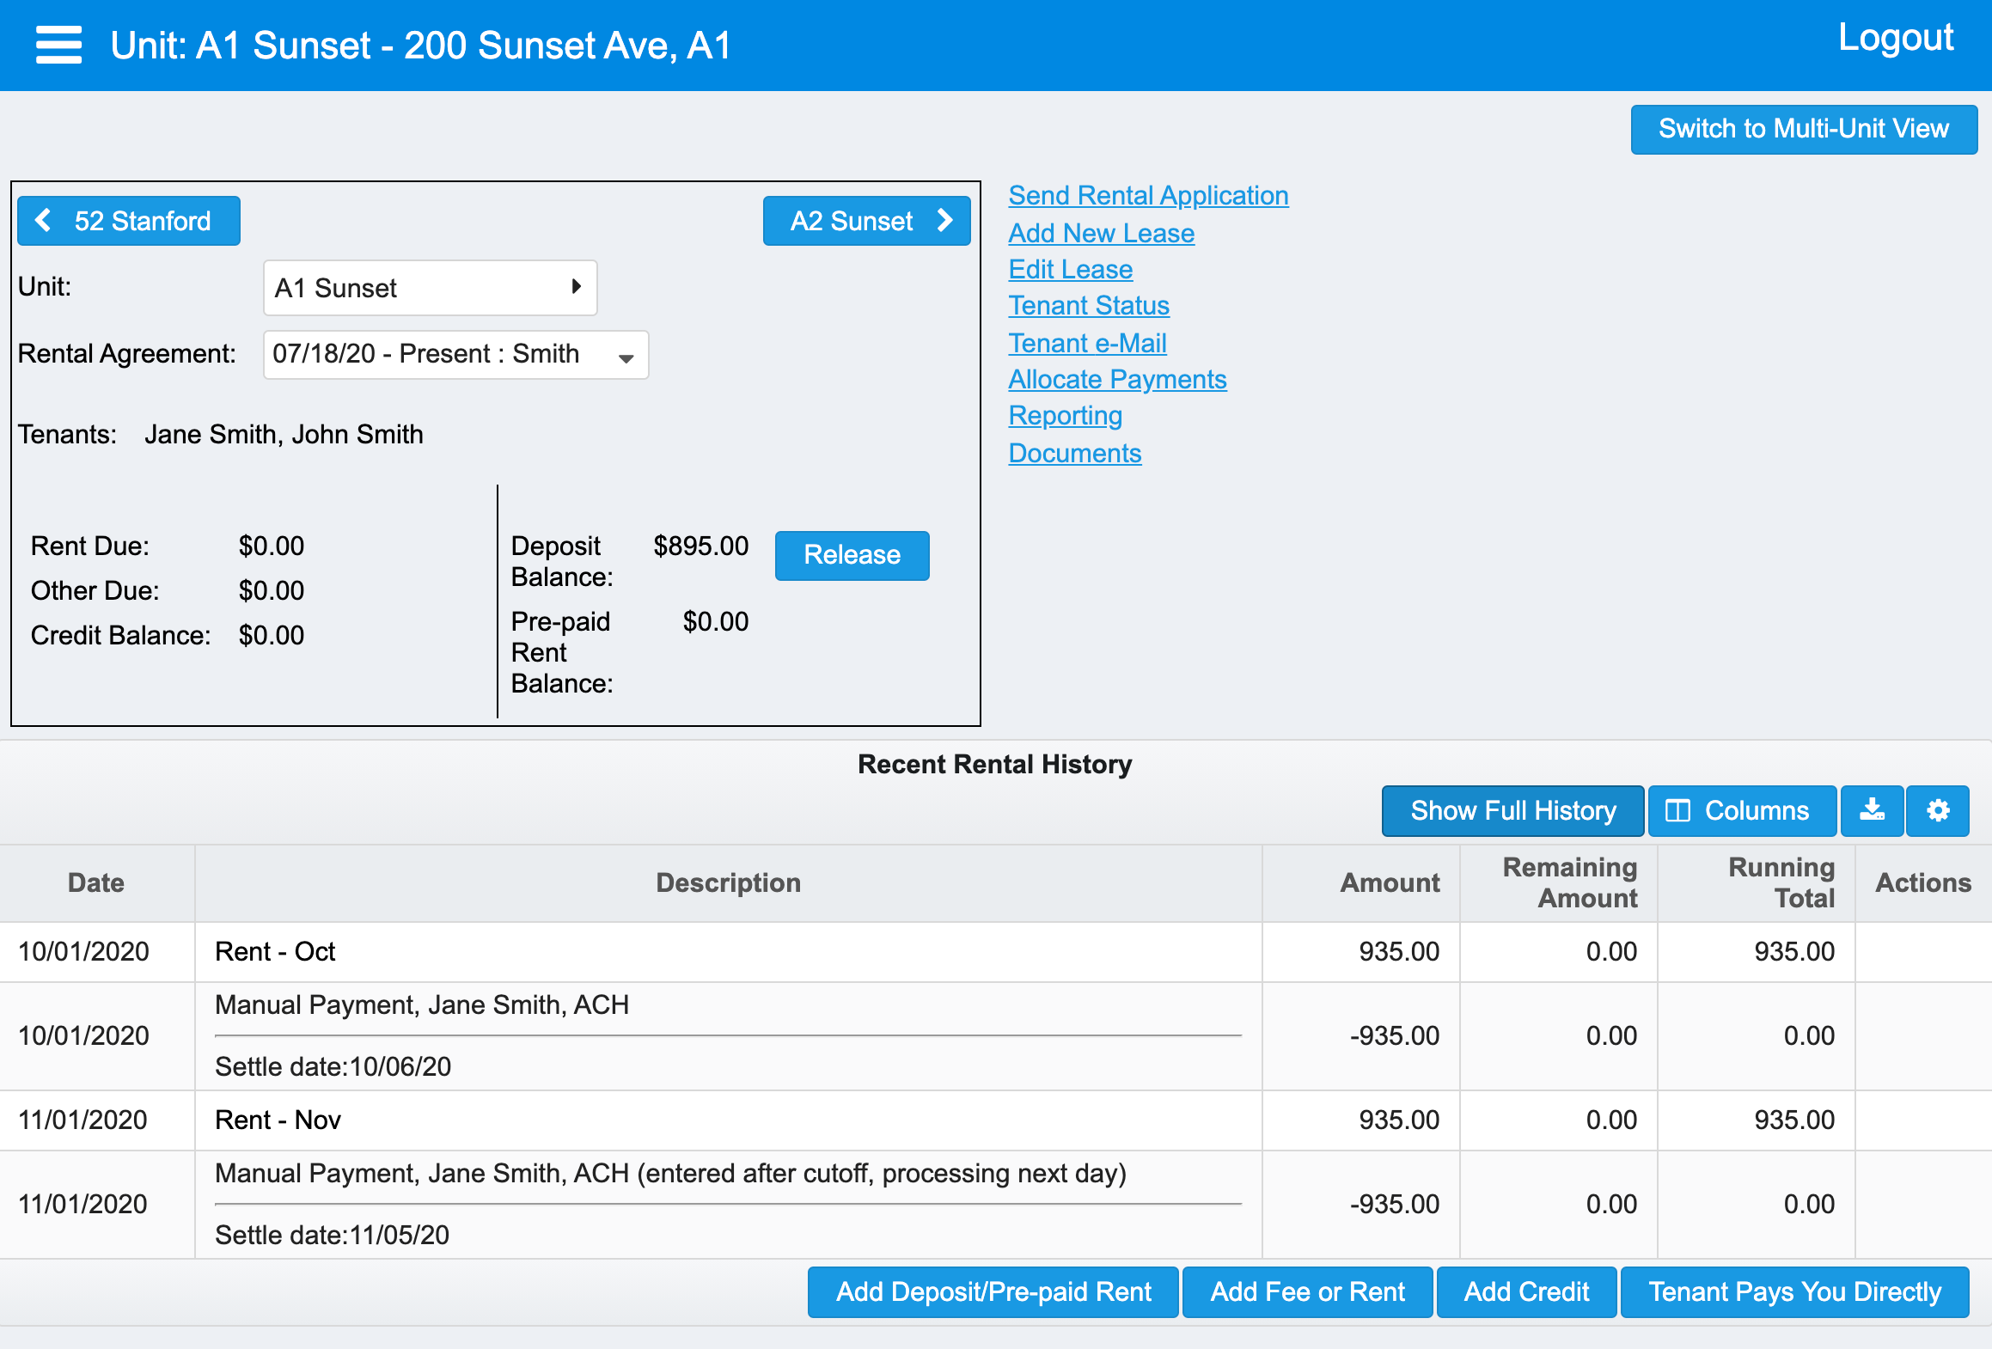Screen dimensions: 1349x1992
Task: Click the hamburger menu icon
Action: pos(58,45)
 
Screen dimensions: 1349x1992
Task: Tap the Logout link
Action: pos(1896,38)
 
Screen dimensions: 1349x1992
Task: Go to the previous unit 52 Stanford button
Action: pos(129,221)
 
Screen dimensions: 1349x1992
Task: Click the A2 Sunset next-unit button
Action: pos(866,221)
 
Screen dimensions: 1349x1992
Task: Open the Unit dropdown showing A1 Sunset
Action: pos(430,288)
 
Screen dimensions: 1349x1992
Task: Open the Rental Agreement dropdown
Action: pos(455,354)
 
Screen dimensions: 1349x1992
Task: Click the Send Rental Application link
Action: pos(1148,196)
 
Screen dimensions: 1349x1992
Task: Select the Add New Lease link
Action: pos(1101,233)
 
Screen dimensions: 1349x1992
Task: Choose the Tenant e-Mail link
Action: pos(1087,343)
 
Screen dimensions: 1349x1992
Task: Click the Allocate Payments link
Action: pos(1117,379)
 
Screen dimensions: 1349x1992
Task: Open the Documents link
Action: pos(1074,453)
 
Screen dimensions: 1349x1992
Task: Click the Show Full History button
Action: pos(1512,810)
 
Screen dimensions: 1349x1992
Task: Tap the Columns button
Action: pos(1742,810)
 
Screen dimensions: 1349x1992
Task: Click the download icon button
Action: pos(1872,810)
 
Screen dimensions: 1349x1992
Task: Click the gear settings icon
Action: pos(1938,810)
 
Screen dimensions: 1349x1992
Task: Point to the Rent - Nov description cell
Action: pos(278,1120)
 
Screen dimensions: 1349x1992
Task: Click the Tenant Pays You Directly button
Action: pos(1794,1291)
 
